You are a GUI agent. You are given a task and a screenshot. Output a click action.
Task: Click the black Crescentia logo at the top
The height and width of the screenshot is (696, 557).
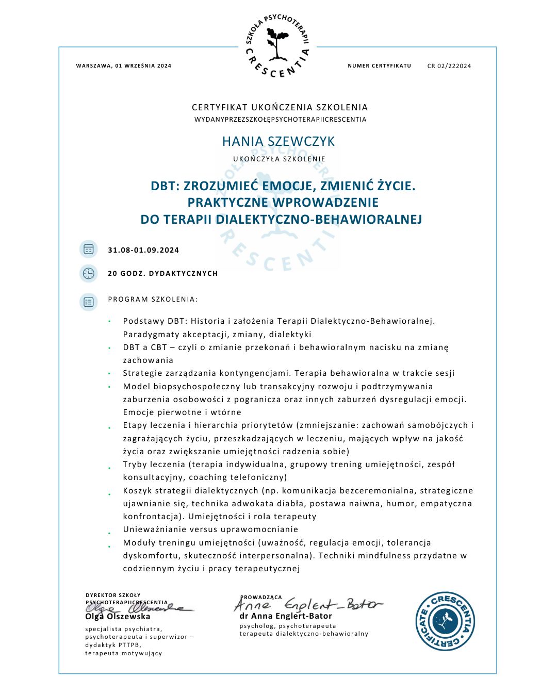tap(278, 46)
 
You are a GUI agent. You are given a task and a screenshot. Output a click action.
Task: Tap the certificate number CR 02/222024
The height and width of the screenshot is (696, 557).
tap(449, 66)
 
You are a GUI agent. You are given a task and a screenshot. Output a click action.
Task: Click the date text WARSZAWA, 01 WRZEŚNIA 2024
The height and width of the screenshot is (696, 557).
tap(124, 66)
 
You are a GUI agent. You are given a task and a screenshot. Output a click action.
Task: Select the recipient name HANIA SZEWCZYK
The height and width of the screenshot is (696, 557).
tap(278, 141)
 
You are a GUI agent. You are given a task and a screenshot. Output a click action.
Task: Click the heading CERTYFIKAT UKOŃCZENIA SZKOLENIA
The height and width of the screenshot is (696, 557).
tap(280, 107)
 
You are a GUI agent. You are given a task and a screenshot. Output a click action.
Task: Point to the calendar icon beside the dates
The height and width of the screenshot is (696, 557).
tap(89, 250)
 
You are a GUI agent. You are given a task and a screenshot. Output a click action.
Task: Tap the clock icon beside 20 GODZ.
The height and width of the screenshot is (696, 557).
tap(89, 273)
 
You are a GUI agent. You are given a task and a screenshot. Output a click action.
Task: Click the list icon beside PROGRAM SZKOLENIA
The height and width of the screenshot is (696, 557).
tap(89, 302)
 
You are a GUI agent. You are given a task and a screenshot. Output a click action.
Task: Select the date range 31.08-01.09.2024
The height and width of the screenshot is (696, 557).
tap(143, 250)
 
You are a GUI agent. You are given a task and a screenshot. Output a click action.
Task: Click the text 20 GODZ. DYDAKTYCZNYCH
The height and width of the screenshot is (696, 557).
tap(163, 273)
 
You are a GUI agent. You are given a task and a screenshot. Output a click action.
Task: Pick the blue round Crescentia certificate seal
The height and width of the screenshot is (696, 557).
tap(445, 621)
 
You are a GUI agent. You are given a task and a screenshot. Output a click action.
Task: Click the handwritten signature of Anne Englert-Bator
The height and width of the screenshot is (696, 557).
tap(309, 604)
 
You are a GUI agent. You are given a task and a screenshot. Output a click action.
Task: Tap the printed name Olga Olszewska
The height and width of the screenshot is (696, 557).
tap(118, 617)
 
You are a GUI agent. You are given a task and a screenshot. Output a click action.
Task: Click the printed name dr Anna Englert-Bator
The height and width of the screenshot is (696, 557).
tap(286, 616)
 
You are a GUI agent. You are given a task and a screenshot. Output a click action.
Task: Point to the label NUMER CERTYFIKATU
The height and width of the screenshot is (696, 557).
tap(380, 66)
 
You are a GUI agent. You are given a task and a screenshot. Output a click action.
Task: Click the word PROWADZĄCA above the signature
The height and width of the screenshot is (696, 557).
tap(261, 597)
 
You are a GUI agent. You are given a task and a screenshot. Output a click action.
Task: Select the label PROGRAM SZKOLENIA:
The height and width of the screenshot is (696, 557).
tap(153, 299)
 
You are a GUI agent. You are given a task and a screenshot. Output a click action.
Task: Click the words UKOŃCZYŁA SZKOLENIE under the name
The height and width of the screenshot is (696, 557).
tap(279, 159)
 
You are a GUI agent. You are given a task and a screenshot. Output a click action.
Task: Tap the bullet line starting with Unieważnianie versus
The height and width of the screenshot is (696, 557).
tap(210, 529)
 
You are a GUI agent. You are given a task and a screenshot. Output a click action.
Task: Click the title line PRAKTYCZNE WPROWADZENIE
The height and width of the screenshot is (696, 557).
tap(283, 202)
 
